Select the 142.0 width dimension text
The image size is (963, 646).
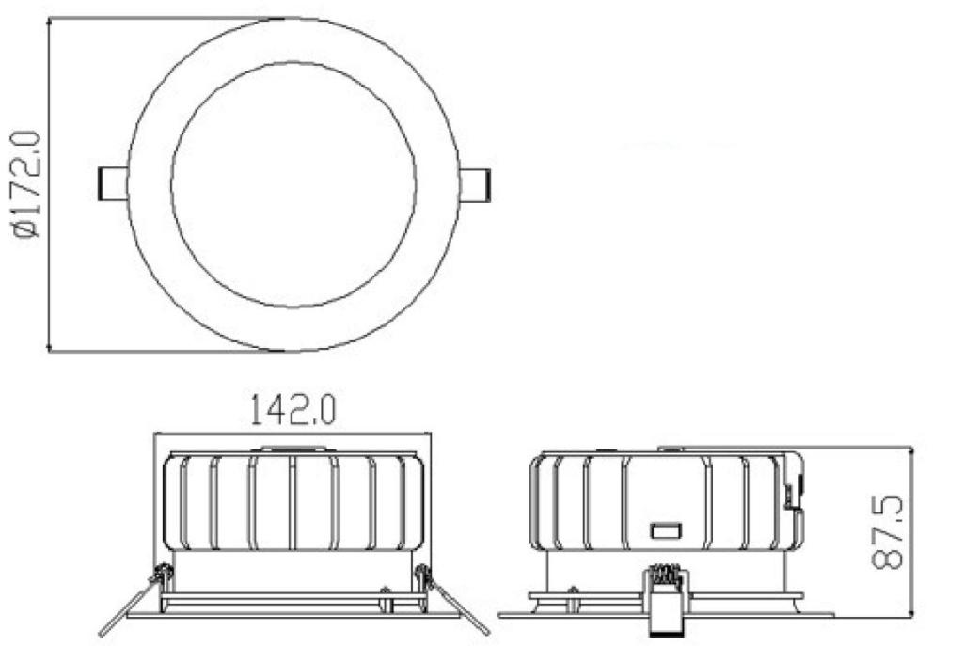click(292, 411)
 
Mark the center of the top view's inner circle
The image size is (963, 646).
click(293, 185)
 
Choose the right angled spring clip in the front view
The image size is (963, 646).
click(457, 602)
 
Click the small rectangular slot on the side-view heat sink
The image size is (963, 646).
click(666, 530)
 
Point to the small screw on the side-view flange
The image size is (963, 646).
click(572, 591)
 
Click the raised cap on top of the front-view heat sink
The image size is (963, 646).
click(293, 449)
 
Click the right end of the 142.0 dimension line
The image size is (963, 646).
click(430, 434)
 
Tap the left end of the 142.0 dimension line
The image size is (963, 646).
click(155, 434)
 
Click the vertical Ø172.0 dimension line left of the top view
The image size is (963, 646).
click(48, 185)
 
